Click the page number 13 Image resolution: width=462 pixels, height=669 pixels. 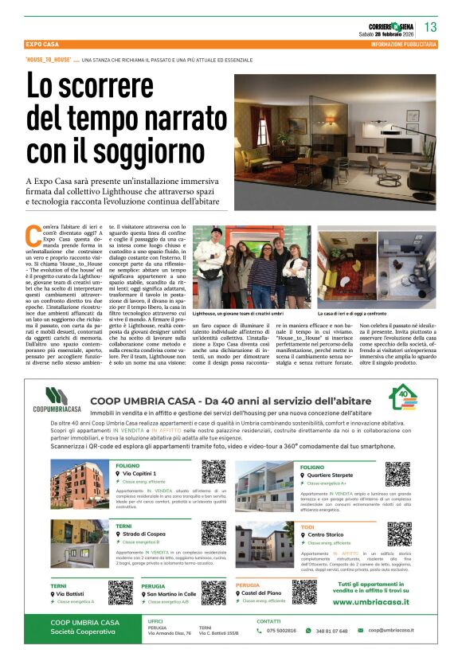coord(430,27)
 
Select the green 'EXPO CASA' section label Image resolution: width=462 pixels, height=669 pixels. coord(45,44)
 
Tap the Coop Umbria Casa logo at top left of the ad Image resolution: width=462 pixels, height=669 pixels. coord(57,400)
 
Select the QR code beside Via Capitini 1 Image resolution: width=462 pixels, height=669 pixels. coord(213,471)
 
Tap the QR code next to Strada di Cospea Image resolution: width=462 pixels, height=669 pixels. coord(213,533)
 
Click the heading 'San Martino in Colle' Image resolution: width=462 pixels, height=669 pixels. coord(171,594)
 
